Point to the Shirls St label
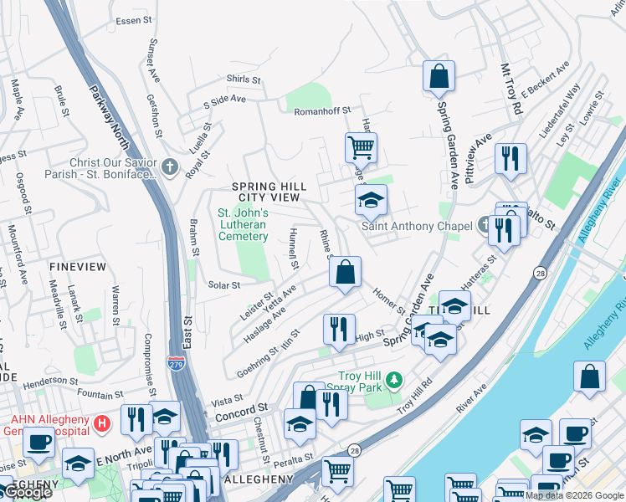point(244,79)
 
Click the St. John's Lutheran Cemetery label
point(243,224)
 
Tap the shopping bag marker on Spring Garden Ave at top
point(439,78)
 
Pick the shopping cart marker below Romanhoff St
point(361,148)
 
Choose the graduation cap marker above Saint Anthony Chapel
point(371,201)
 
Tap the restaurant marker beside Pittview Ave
point(510,159)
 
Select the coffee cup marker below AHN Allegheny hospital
point(37,441)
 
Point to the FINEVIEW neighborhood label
point(77,266)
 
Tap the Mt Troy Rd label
point(511,89)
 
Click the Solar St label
point(224,285)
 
